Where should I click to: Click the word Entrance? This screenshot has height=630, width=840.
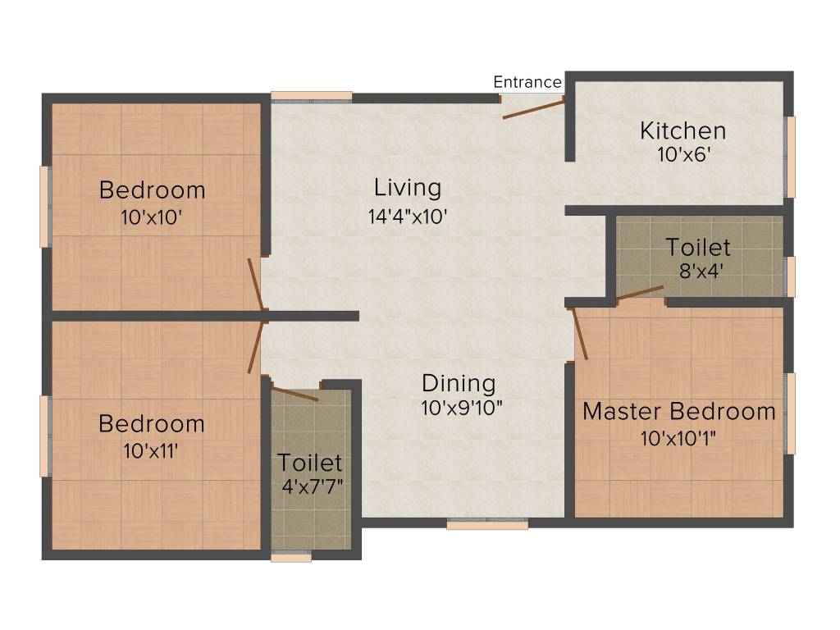coord(527,82)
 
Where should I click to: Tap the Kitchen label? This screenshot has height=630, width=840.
coord(682,130)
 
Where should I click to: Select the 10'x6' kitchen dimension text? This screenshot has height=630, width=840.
coord(682,153)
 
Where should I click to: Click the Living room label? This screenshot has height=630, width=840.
coord(408,187)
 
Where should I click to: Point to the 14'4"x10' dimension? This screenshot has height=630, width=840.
coord(408,217)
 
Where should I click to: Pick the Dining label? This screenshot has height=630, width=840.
coord(459,383)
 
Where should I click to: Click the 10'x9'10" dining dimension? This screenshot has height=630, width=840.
coord(461,408)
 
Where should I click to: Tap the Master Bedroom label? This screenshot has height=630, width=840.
coord(678,411)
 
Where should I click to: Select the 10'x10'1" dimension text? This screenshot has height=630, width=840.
coord(678,437)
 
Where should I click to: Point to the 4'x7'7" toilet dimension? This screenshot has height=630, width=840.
coord(312,485)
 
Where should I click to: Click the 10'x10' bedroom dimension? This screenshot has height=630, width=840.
coord(152,218)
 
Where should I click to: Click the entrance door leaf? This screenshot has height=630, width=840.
coord(533,108)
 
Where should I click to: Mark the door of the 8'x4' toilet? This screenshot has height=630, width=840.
coord(640,293)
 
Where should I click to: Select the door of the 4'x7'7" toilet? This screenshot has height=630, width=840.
coord(294,394)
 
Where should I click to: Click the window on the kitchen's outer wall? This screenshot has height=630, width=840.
coord(791,157)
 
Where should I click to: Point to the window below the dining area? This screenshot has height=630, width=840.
coord(487,524)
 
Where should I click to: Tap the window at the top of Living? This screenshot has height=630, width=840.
coord(312,96)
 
